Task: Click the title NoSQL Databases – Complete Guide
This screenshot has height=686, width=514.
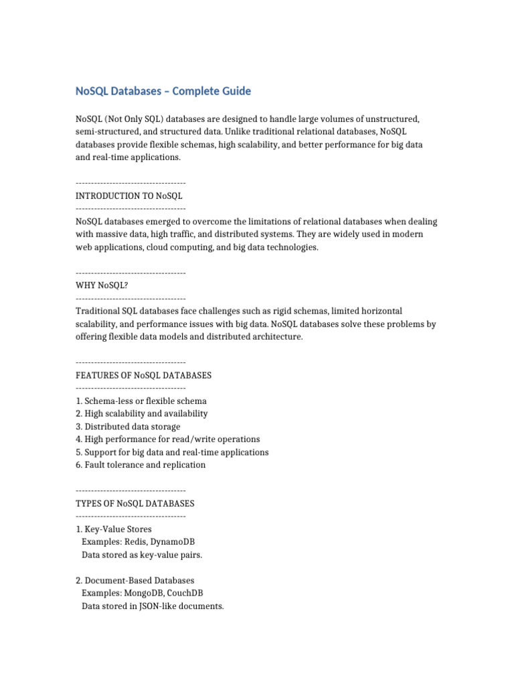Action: (163, 90)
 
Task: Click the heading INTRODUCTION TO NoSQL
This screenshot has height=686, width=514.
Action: (129, 196)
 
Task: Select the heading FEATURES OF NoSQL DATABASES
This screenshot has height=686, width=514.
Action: (144, 375)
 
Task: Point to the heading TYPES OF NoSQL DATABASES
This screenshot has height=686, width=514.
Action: (135, 503)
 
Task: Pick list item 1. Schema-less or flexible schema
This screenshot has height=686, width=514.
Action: (141, 401)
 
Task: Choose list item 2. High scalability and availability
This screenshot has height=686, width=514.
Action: (142, 414)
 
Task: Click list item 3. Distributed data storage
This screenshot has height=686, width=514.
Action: (128, 427)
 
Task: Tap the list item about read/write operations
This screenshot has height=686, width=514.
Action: (168, 439)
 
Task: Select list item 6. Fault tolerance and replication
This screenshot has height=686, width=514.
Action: (141, 465)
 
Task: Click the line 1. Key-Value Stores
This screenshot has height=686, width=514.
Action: (114, 529)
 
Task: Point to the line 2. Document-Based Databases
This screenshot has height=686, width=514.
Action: (135, 580)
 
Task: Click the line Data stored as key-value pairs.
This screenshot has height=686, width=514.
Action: (142, 555)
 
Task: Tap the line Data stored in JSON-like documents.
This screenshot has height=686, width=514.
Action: (153, 606)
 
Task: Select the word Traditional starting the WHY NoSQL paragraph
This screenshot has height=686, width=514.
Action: (97, 312)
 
